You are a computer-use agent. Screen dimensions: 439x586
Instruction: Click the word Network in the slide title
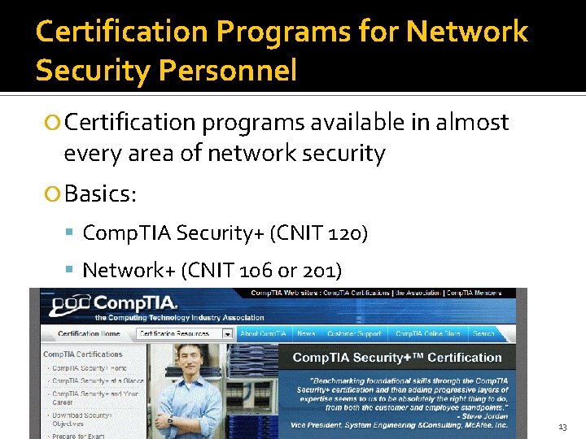466,32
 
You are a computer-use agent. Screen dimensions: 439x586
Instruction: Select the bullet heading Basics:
100,194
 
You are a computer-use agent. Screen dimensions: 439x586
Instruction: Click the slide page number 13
562,427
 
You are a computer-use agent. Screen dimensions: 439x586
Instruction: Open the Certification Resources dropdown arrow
227,333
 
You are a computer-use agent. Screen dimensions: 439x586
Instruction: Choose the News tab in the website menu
306,333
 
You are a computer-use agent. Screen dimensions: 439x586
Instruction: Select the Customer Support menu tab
354,333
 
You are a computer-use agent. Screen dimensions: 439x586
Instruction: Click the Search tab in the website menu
483,333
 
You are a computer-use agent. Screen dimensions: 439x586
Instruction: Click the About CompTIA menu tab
263,333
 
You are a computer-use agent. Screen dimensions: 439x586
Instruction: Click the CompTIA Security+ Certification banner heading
396,358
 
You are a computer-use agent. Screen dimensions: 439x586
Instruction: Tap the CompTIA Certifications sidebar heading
83,354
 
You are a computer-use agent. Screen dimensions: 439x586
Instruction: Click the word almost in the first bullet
473,123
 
